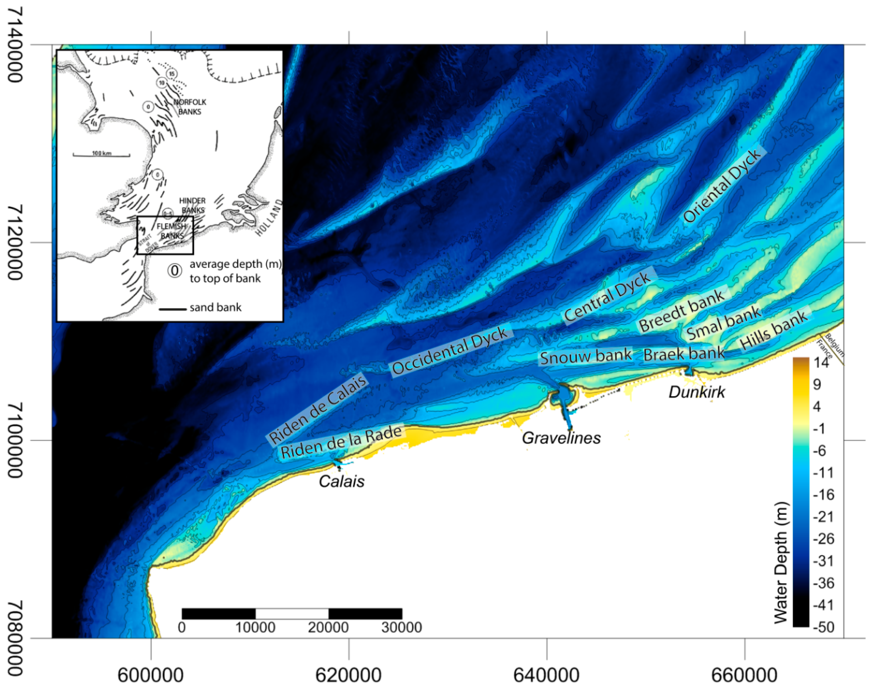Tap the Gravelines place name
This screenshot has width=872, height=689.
(561, 438)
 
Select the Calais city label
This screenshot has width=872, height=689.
(341, 481)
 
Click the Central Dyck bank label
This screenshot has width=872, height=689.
(608, 297)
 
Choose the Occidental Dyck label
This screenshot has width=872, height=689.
(450, 350)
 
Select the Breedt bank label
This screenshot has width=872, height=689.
(682, 310)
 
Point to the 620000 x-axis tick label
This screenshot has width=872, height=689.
(348, 675)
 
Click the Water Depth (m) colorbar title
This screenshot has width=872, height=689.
(781, 563)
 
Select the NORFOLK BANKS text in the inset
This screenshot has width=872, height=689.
(190, 107)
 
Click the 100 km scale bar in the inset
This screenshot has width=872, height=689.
(101, 155)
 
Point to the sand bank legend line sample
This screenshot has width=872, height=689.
(172, 309)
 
